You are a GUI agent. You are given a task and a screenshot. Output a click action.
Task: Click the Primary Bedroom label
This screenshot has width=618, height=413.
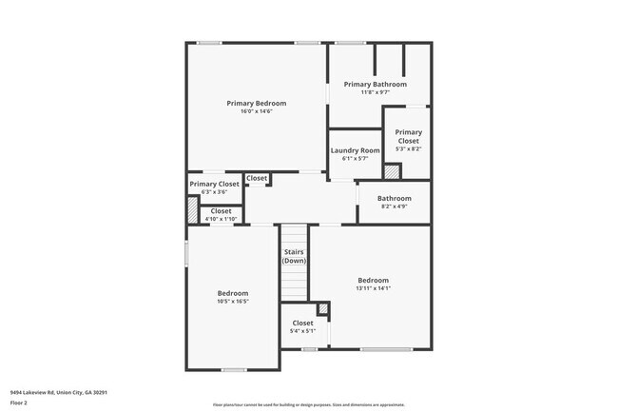coord(256,103)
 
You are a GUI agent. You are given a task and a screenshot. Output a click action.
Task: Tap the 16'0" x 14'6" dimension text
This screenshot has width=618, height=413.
coord(256,111)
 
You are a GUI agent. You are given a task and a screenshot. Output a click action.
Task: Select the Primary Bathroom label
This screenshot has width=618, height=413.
coord(383,84)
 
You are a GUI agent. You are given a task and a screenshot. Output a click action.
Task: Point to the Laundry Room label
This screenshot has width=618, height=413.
coord(355,150)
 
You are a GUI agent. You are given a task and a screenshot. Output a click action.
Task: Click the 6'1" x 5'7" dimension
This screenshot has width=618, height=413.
coord(355,159)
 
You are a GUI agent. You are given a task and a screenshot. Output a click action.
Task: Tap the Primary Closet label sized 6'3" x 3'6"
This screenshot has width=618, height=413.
coord(214,184)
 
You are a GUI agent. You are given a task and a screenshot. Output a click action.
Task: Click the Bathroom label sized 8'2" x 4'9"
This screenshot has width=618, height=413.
coord(395,198)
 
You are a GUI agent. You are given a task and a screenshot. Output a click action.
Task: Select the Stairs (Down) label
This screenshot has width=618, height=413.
coord(294,256)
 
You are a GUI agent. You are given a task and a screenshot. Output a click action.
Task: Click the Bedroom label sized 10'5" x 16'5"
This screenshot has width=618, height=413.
coord(233,293)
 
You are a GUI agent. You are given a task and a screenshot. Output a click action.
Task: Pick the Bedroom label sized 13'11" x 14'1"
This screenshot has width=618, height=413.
coord(373,280)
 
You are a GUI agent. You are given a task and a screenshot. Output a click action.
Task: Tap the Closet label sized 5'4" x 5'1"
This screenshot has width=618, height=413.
coord(302,323)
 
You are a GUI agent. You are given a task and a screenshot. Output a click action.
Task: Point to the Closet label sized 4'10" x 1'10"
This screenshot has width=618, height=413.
coord(221,211)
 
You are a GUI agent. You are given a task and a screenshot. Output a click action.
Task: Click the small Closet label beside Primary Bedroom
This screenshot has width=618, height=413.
coord(257,178)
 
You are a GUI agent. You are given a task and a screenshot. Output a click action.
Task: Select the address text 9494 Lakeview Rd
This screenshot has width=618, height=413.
coord(58,391)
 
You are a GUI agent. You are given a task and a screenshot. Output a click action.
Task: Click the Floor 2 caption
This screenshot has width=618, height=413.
coord(20,403)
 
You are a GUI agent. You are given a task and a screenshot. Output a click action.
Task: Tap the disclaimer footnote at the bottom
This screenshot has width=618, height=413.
coord(308,405)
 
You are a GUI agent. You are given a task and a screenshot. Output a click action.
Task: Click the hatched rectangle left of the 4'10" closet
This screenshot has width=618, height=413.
coord(192,209)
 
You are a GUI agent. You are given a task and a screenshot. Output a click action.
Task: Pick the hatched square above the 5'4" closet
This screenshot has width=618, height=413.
coord(322,308)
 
